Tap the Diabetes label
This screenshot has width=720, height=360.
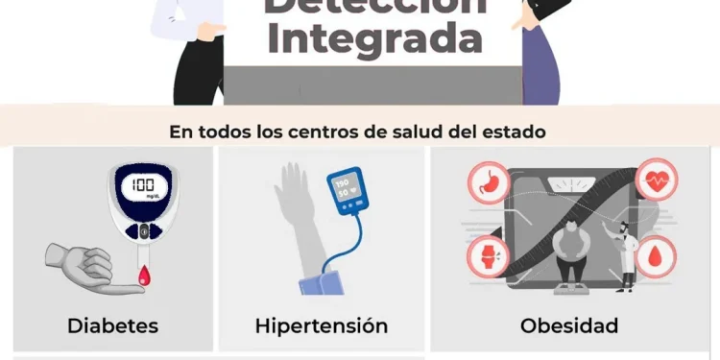coord(112,325)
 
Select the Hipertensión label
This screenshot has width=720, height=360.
coord(322,325)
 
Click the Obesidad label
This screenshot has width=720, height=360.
coord(569,325)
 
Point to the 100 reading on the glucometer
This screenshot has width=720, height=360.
coord(143,184)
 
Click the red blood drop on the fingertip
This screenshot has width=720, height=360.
coord(145,277)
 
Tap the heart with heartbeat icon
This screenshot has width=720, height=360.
coord(657,180)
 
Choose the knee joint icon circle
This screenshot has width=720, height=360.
coord(487,256)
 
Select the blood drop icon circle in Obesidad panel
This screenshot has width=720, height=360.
coord(657,256)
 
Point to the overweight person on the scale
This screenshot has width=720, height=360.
coord(572,252)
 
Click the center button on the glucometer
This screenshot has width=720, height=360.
coord(144,231)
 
